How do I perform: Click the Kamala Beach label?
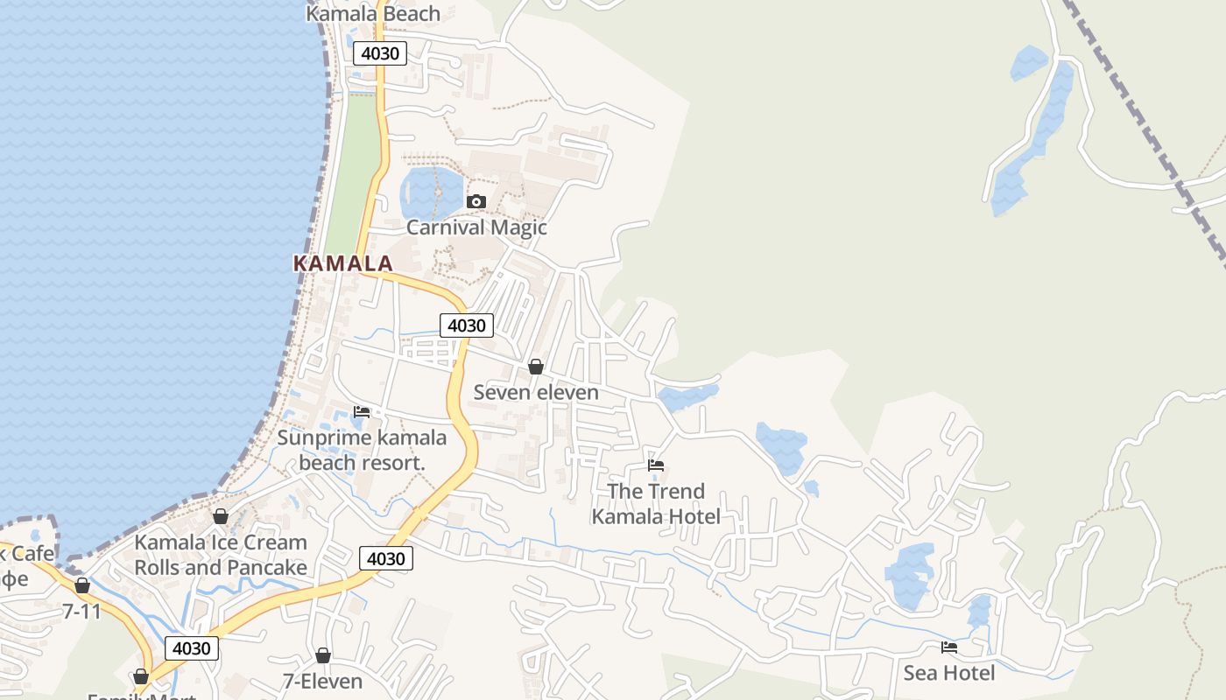(373, 13)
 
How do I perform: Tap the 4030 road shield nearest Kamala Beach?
(380, 53)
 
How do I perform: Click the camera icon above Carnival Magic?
(476, 202)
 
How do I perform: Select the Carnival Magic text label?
(476, 227)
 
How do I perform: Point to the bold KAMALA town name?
(342, 263)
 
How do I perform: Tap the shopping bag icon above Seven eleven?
(536, 367)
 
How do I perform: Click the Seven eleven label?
(536, 392)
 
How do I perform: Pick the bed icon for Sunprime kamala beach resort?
(362, 412)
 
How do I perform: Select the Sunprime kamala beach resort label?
(362, 450)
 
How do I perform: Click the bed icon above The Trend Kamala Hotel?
(656, 465)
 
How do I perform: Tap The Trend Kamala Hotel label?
(656, 504)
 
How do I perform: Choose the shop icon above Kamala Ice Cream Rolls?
(221, 516)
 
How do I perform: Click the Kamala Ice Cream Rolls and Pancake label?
(221, 555)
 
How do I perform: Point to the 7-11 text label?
(82, 611)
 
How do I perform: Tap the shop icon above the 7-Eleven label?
(323, 655)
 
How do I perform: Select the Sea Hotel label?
(949, 673)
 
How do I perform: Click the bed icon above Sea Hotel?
(949, 647)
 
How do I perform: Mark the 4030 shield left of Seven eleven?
(466, 325)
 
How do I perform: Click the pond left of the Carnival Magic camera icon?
(429, 192)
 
